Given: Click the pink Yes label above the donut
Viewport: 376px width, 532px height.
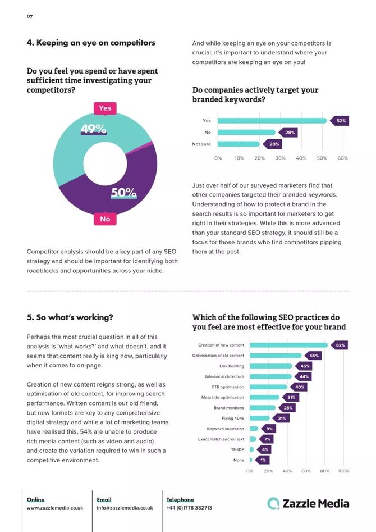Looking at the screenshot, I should [105, 108].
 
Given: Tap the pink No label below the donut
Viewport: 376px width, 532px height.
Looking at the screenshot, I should [105, 219].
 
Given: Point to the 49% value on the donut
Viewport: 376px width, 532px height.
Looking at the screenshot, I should [93, 129].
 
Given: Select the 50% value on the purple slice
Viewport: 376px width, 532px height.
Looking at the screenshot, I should [123, 193].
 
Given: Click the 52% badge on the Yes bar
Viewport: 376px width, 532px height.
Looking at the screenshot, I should [341, 121].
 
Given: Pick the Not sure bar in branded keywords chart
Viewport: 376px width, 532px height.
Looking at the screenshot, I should [239, 144].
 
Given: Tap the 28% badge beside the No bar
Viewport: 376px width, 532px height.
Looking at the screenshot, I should [289, 133].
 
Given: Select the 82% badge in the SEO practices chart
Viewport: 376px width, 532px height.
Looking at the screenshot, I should [340, 345].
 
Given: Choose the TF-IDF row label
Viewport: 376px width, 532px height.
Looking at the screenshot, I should [238, 449].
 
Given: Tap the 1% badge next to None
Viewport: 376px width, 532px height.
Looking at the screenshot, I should [263, 460].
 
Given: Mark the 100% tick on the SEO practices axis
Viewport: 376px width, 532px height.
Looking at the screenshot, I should [343, 471].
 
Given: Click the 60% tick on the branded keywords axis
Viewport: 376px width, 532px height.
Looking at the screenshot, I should [342, 158].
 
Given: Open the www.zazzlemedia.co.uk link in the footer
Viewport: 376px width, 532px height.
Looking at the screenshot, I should [55, 508].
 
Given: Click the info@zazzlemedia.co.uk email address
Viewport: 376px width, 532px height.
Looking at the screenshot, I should [125, 508].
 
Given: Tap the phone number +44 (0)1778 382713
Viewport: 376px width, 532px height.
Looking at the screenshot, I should [189, 508].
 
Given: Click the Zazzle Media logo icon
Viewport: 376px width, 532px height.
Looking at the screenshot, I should [273, 503].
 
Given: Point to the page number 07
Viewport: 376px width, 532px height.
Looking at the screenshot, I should [30, 16].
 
